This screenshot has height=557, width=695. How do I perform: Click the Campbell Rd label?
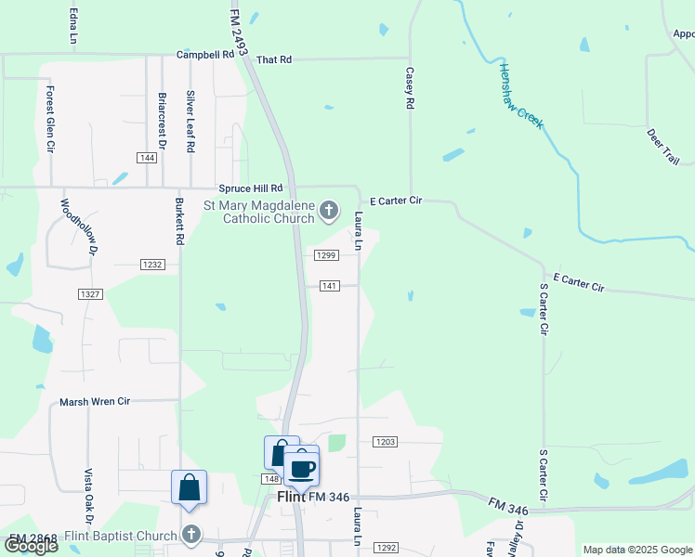coord(204,55)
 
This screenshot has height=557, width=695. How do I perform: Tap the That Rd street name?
coord(273,59)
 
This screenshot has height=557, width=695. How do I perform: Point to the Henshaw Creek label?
coord(520,95)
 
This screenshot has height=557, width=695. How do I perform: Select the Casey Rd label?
coord(409,88)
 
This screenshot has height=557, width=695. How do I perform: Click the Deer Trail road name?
coord(663,146)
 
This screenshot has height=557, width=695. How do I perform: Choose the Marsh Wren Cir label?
coord(95,402)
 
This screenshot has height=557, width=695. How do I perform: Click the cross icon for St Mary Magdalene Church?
coord(327,212)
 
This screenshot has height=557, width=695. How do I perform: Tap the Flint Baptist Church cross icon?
coord(190,534)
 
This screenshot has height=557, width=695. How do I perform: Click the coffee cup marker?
coord(301,468)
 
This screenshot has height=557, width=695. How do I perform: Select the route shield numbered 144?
coord(145,158)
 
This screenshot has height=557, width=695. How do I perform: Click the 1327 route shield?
coord(89,293)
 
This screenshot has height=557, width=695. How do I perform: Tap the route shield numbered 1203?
coord(385,442)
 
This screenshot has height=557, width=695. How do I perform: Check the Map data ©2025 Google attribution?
coord(636,550)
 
